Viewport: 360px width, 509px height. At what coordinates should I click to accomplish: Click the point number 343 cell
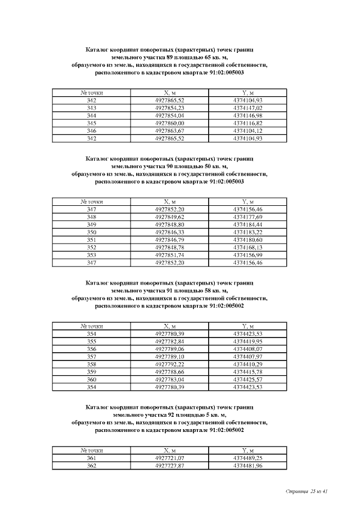coord(92,107)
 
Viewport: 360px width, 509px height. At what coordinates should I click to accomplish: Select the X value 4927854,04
coord(169,115)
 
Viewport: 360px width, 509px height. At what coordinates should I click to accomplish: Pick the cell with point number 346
coord(92,130)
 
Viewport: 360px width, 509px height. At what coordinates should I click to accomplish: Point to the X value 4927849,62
coord(169,217)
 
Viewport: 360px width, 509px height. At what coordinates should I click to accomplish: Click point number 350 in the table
coord(92,232)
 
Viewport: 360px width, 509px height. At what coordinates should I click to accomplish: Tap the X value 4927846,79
coord(169,240)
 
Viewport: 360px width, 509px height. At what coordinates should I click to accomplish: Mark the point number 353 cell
coord(92,255)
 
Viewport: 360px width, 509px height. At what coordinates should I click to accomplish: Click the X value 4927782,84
coord(169,341)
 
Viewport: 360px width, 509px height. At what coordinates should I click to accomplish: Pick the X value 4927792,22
coord(169,364)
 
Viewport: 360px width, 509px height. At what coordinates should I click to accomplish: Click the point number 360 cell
coord(92,379)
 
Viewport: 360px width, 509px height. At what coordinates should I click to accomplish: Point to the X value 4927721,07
coord(169,458)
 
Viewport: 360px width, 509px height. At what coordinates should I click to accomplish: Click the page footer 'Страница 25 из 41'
coord(307,492)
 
